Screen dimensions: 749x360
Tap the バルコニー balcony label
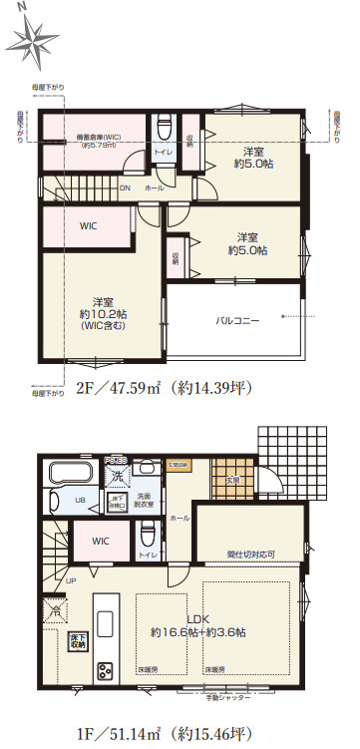pos(236,321)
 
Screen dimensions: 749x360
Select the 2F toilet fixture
pos(164,131)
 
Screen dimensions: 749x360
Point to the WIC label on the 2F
pos(88,226)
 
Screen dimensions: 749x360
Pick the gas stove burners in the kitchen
pos(104,671)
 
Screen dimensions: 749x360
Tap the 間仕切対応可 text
pos(250,554)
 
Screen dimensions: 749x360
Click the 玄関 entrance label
pos(231,481)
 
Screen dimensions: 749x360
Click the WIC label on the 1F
pos(99,542)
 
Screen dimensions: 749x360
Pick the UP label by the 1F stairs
pos(71,580)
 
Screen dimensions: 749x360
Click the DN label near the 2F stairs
pos(125,187)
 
